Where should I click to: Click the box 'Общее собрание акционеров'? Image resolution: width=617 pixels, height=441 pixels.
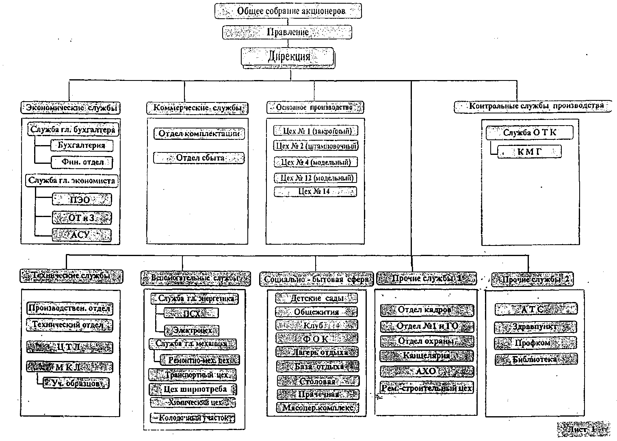pyautogui.click(x=288, y=11)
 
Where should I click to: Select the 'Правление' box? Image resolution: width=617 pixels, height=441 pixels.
pyautogui.click(x=287, y=32)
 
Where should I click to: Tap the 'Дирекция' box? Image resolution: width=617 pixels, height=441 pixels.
pyautogui.click(x=288, y=57)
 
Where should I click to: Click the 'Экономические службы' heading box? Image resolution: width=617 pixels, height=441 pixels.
pyautogui.click(x=71, y=108)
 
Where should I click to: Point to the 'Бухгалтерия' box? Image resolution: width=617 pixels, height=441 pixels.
pyautogui.click(x=82, y=145)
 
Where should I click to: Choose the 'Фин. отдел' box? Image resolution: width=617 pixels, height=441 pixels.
pyautogui.click(x=82, y=162)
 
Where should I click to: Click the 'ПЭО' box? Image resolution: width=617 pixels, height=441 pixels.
pyautogui.click(x=81, y=200)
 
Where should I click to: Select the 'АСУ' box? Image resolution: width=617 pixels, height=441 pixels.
pyautogui.click(x=81, y=235)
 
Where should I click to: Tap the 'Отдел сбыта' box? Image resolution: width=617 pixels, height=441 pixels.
pyautogui.click(x=199, y=158)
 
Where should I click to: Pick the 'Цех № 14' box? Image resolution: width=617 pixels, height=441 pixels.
pyautogui.click(x=315, y=191)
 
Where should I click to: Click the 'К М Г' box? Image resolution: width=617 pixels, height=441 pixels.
pyautogui.click(x=529, y=152)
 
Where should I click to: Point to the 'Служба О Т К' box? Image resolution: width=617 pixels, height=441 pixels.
pyautogui.click(x=530, y=133)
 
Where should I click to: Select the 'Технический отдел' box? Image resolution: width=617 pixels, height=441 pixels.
pyautogui.click(x=70, y=325)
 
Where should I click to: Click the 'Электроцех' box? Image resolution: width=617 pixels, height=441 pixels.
pyautogui.click(x=192, y=330)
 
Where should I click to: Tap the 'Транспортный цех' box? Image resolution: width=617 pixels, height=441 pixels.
pyautogui.click(x=193, y=374)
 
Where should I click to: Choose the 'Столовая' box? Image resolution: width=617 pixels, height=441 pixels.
pyautogui.click(x=318, y=381)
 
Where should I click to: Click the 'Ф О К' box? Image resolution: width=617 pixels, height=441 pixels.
pyautogui.click(x=317, y=338)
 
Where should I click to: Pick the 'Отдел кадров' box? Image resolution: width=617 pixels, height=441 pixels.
pyautogui.click(x=427, y=310)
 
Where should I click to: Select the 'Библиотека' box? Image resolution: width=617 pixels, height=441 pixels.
pyautogui.click(x=536, y=359)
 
